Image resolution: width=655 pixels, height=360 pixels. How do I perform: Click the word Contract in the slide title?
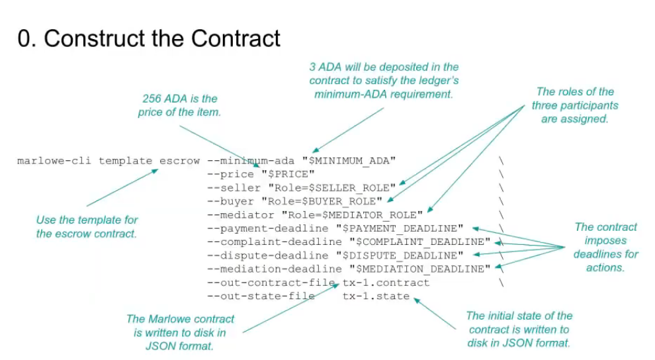(236, 38)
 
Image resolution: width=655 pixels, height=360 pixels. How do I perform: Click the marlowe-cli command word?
(54, 161)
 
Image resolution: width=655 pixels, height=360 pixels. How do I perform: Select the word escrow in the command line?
(179, 161)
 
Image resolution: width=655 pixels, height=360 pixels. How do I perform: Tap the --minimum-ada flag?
(251, 161)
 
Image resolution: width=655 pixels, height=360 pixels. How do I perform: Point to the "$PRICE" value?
(288, 174)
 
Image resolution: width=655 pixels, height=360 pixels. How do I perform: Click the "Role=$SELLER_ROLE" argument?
(331, 188)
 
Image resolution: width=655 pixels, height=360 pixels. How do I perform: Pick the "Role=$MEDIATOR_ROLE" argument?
(352, 215)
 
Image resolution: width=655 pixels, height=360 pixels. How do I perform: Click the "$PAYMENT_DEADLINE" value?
(400, 228)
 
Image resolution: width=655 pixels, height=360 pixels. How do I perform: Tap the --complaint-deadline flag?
(275, 242)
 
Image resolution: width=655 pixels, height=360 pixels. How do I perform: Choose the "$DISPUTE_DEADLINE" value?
(400, 255)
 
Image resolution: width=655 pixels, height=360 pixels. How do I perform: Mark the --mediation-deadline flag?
(275, 269)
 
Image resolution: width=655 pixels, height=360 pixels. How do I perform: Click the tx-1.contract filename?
(386, 283)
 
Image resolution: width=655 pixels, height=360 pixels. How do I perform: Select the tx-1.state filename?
(376, 296)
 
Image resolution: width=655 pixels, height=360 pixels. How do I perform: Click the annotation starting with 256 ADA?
(179, 105)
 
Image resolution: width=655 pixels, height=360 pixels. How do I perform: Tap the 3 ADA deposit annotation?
(384, 81)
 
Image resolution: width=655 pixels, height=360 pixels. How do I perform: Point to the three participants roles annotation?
(575, 105)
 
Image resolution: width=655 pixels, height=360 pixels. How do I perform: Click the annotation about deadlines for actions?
(605, 247)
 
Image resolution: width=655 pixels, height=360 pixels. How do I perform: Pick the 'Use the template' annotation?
(87, 227)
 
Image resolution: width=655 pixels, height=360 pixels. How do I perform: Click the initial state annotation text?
(519, 330)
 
